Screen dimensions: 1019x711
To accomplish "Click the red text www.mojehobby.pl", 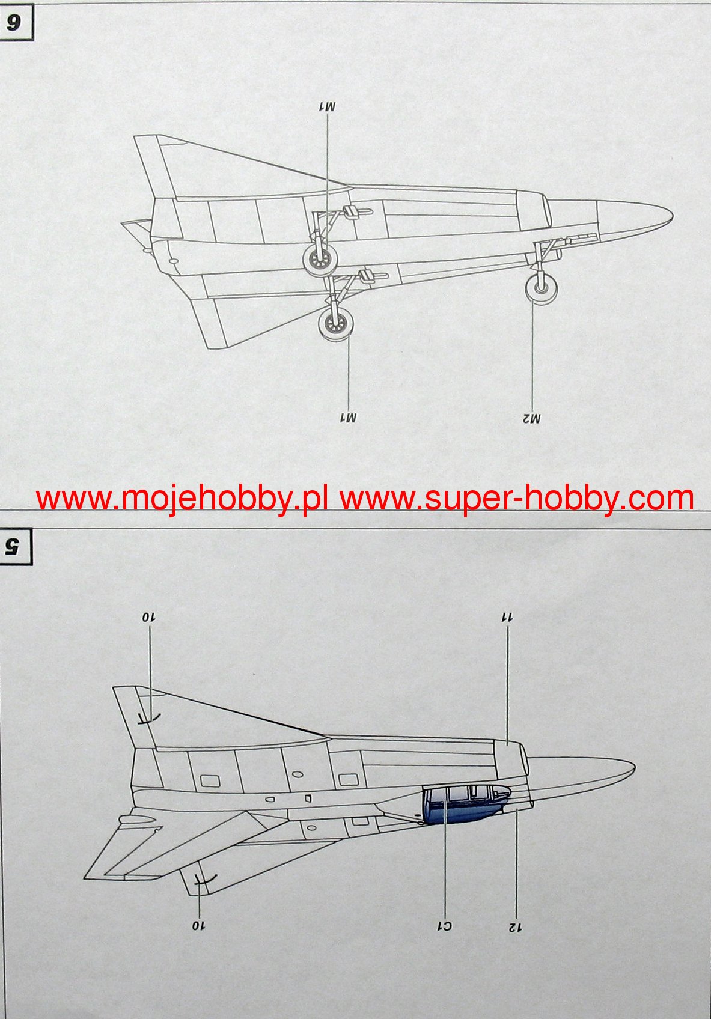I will pos(182,498).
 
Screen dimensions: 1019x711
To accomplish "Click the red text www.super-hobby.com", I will pos(516,498).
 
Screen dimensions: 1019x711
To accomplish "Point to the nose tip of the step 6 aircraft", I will pos(670,214).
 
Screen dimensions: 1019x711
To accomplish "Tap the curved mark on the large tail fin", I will pos(148,717).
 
